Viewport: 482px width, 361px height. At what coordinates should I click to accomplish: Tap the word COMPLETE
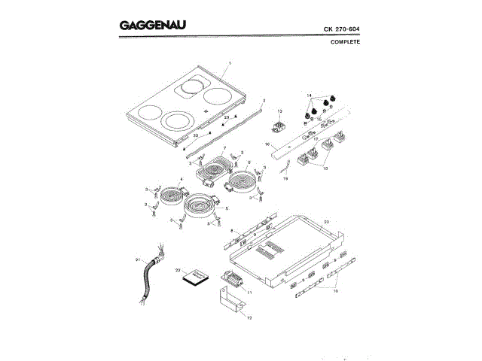coord(345,42)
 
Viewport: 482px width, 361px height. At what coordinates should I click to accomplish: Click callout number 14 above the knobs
coord(310,95)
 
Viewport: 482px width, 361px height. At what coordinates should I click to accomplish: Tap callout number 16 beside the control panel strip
coord(267,143)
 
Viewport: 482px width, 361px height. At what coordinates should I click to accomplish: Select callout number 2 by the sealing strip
coord(264,99)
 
